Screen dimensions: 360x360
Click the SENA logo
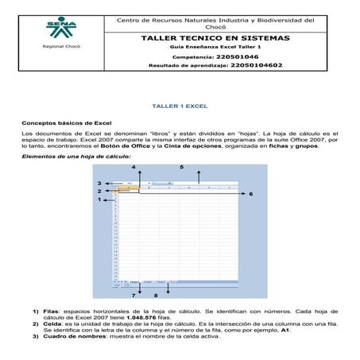tap(61, 31)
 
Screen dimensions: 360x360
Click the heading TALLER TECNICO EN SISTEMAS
tap(215, 38)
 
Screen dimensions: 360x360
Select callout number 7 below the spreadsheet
tap(133, 295)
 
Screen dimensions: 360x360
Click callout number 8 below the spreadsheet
tap(156, 295)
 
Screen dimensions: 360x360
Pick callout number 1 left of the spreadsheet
tap(99, 200)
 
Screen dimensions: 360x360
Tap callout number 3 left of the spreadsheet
tap(99, 183)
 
